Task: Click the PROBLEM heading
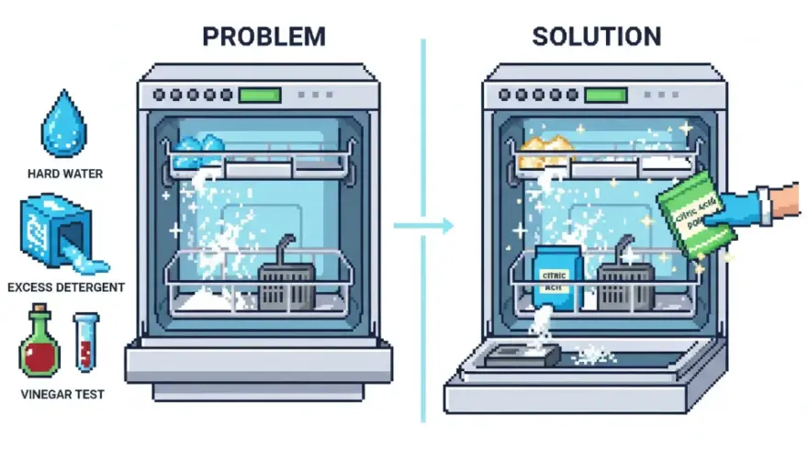pos(264,37)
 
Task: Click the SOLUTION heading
pos(596,37)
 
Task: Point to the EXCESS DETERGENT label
pos(65,287)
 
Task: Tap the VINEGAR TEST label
pos(62,395)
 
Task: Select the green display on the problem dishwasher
pos(259,95)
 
